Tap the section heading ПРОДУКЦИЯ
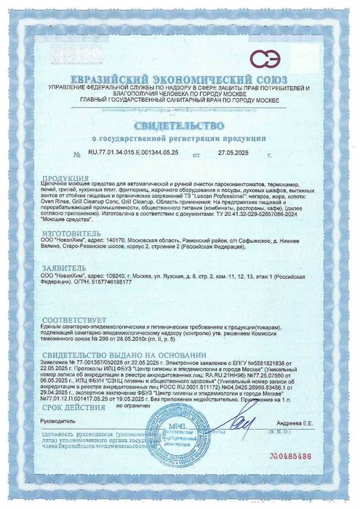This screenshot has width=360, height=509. pyautogui.click(x=60, y=178)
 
